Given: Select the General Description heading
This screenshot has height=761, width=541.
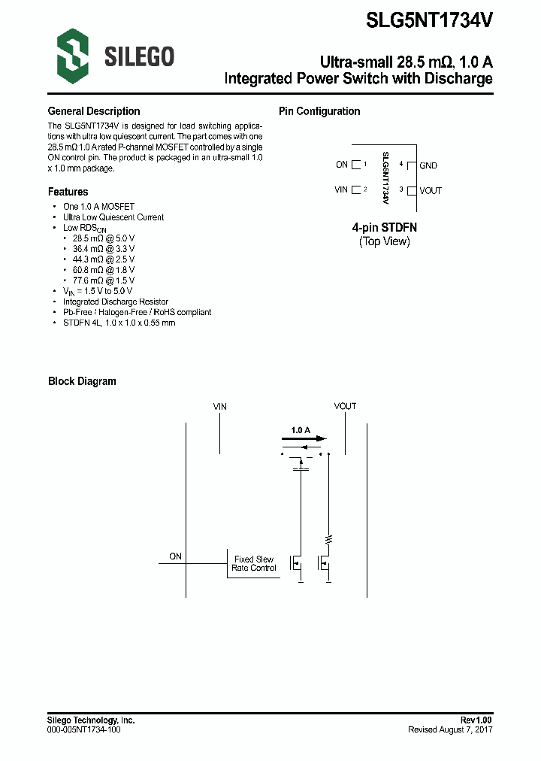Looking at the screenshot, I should (x=94, y=111).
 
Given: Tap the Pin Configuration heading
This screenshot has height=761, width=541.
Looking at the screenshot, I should (x=319, y=111).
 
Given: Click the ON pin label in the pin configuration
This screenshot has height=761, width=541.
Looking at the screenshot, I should (x=342, y=165).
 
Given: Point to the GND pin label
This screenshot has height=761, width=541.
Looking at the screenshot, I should (x=428, y=165).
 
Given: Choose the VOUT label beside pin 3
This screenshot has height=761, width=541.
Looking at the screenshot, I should (x=431, y=190).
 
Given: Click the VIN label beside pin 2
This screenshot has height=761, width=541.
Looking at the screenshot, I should (x=341, y=189).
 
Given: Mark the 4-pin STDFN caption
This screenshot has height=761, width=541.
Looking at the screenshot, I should (x=384, y=227).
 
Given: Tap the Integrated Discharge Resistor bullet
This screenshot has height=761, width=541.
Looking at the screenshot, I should (x=110, y=302).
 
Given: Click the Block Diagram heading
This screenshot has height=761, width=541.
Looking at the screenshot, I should (x=82, y=381).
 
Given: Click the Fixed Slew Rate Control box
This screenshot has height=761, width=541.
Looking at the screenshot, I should (x=254, y=564).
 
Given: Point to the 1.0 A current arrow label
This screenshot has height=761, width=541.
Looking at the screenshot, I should (x=301, y=430).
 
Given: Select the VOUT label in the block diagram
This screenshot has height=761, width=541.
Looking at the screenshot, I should (x=345, y=406).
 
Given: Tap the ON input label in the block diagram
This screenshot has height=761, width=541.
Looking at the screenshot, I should (x=175, y=556).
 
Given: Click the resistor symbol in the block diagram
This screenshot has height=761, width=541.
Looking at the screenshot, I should (x=328, y=539).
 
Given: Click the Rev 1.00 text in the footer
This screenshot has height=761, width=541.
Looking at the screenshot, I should (x=476, y=720).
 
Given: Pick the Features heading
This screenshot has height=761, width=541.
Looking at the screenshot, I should (x=68, y=192).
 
